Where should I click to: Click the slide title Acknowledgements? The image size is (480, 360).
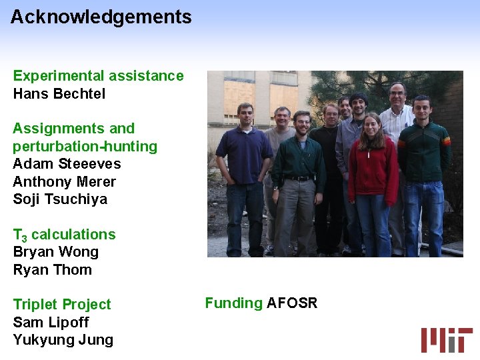(101, 17)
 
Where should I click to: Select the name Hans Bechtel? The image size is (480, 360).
(59, 93)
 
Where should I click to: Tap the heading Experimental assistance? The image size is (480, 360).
(98, 76)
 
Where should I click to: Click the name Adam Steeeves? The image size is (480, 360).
(67, 164)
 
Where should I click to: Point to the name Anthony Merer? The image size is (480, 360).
(64, 181)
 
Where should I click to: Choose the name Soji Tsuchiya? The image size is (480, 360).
(60, 199)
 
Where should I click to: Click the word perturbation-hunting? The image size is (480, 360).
(85, 146)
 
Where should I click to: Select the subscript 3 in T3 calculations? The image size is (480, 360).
(24, 238)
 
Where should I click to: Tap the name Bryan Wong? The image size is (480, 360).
(55, 252)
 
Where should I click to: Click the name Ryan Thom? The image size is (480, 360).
(52, 270)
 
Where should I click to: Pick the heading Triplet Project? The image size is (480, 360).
(62, 305)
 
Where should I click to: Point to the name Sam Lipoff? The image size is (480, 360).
(51, 323)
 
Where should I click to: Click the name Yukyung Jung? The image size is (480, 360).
(63, 340)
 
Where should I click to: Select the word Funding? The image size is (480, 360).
(233, 303)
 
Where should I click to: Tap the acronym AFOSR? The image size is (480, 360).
(292, 303)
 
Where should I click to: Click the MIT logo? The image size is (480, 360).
(446, 339)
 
